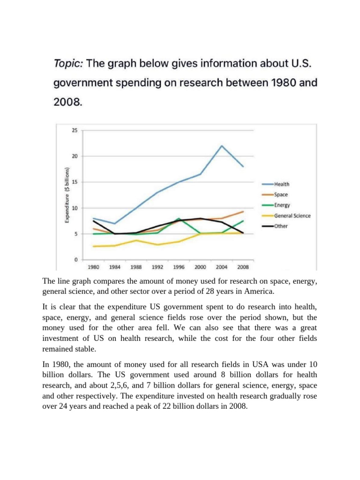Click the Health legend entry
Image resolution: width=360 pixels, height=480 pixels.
[x=282, y=184]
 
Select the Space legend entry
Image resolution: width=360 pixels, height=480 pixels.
[x=281, y=195]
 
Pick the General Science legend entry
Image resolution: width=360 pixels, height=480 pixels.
[x=292, y=216]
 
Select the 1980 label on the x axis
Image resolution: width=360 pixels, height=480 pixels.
[x=94, y=267]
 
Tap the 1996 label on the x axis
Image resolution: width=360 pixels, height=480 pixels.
[x=179, y=267]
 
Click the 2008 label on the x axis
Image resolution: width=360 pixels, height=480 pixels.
[x=243, y=267]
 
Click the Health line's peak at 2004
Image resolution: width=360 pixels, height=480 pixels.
[x=222, y=145]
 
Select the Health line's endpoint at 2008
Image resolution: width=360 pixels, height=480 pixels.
[x=243, y=166]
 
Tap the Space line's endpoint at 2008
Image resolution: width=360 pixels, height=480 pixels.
[x=243, y=211]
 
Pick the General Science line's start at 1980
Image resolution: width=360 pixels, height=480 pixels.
[x=94, y=246]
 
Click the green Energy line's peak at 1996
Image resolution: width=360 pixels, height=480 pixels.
[x=179, y=218]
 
